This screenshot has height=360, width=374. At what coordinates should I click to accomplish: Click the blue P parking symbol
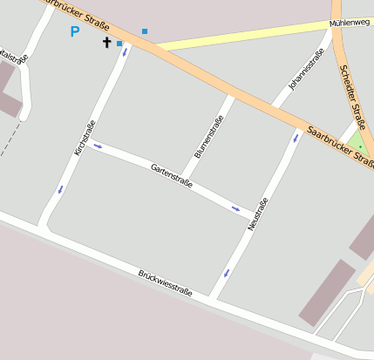[x=74, y=31]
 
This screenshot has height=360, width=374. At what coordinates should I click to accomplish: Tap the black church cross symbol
[x=107, y=42]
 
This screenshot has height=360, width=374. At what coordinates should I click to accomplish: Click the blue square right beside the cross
[x=119, y=43]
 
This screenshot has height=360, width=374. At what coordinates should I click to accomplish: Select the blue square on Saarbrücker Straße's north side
[x=145, y=31]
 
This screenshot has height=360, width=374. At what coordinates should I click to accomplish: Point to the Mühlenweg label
[x=350, y=23]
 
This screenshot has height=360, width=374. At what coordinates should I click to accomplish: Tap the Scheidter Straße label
[x=353, y=97]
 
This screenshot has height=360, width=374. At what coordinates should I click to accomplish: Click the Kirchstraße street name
[x=84, y=138]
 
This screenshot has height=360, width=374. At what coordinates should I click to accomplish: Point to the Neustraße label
[x=257, y=214]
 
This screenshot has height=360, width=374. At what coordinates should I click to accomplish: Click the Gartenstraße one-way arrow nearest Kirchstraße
[x=98, y=146]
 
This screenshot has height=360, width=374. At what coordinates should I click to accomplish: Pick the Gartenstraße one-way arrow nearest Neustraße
[x=236, y=208]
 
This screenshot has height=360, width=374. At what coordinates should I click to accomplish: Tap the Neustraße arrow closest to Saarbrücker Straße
[x=296, y=137]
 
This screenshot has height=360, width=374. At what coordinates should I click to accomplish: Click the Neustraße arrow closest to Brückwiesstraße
[x=226, y=273]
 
